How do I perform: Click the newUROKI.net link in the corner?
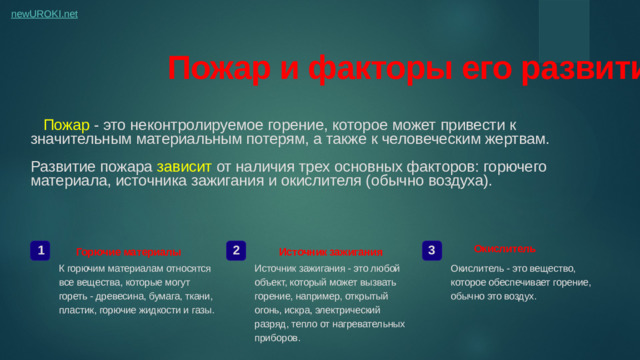pos(44,15)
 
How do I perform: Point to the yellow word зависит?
pos(184,166)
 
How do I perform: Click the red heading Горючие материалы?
pos(129,251)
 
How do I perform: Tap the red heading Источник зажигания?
pos(330,251)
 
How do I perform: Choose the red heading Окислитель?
pos(504,247)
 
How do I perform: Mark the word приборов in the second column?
pos(277,338)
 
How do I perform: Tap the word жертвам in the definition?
pos(515,140)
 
